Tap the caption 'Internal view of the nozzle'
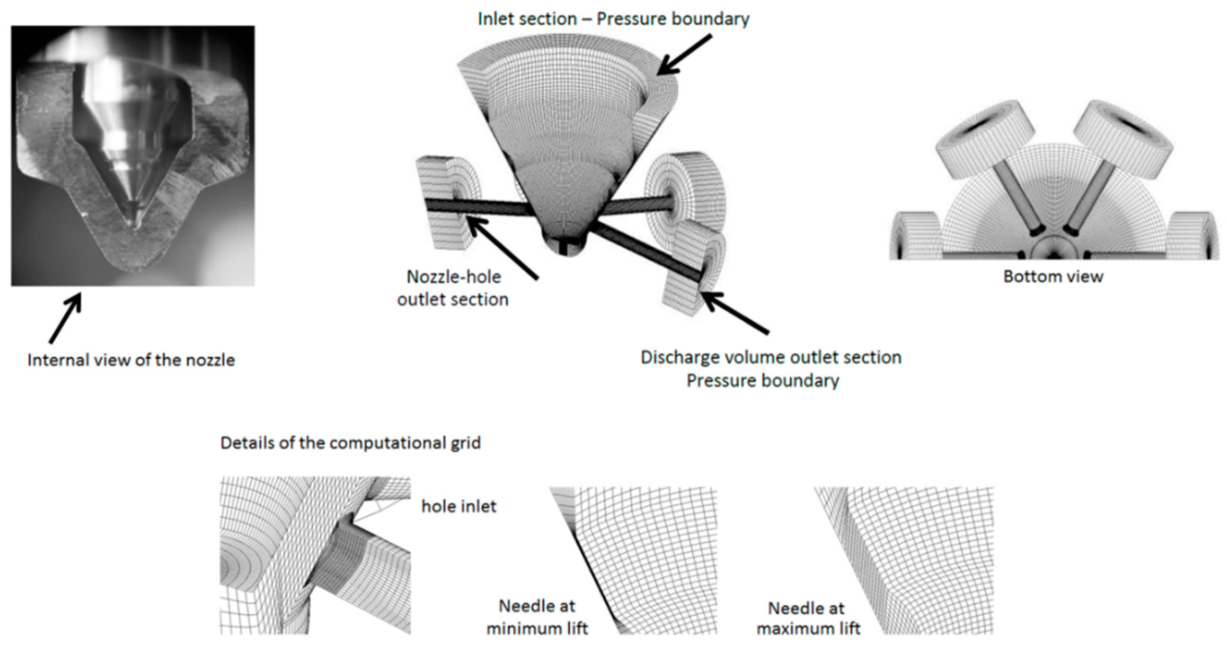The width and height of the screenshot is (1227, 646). [x=131, y=360]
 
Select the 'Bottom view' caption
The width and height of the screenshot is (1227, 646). [x=1053, y=276]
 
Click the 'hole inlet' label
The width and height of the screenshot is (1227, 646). [x=459, y=506]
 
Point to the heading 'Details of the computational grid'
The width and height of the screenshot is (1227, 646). [x=350, y=443]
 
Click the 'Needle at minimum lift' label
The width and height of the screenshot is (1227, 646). [x=537, y=617]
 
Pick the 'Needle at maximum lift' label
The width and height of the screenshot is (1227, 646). [x=808, y=618]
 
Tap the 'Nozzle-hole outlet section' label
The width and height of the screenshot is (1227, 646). [x=453, y=288]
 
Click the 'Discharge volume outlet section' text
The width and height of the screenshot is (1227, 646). [x=770, y=357]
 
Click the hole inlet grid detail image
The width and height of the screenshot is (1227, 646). [x=315, y=555]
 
